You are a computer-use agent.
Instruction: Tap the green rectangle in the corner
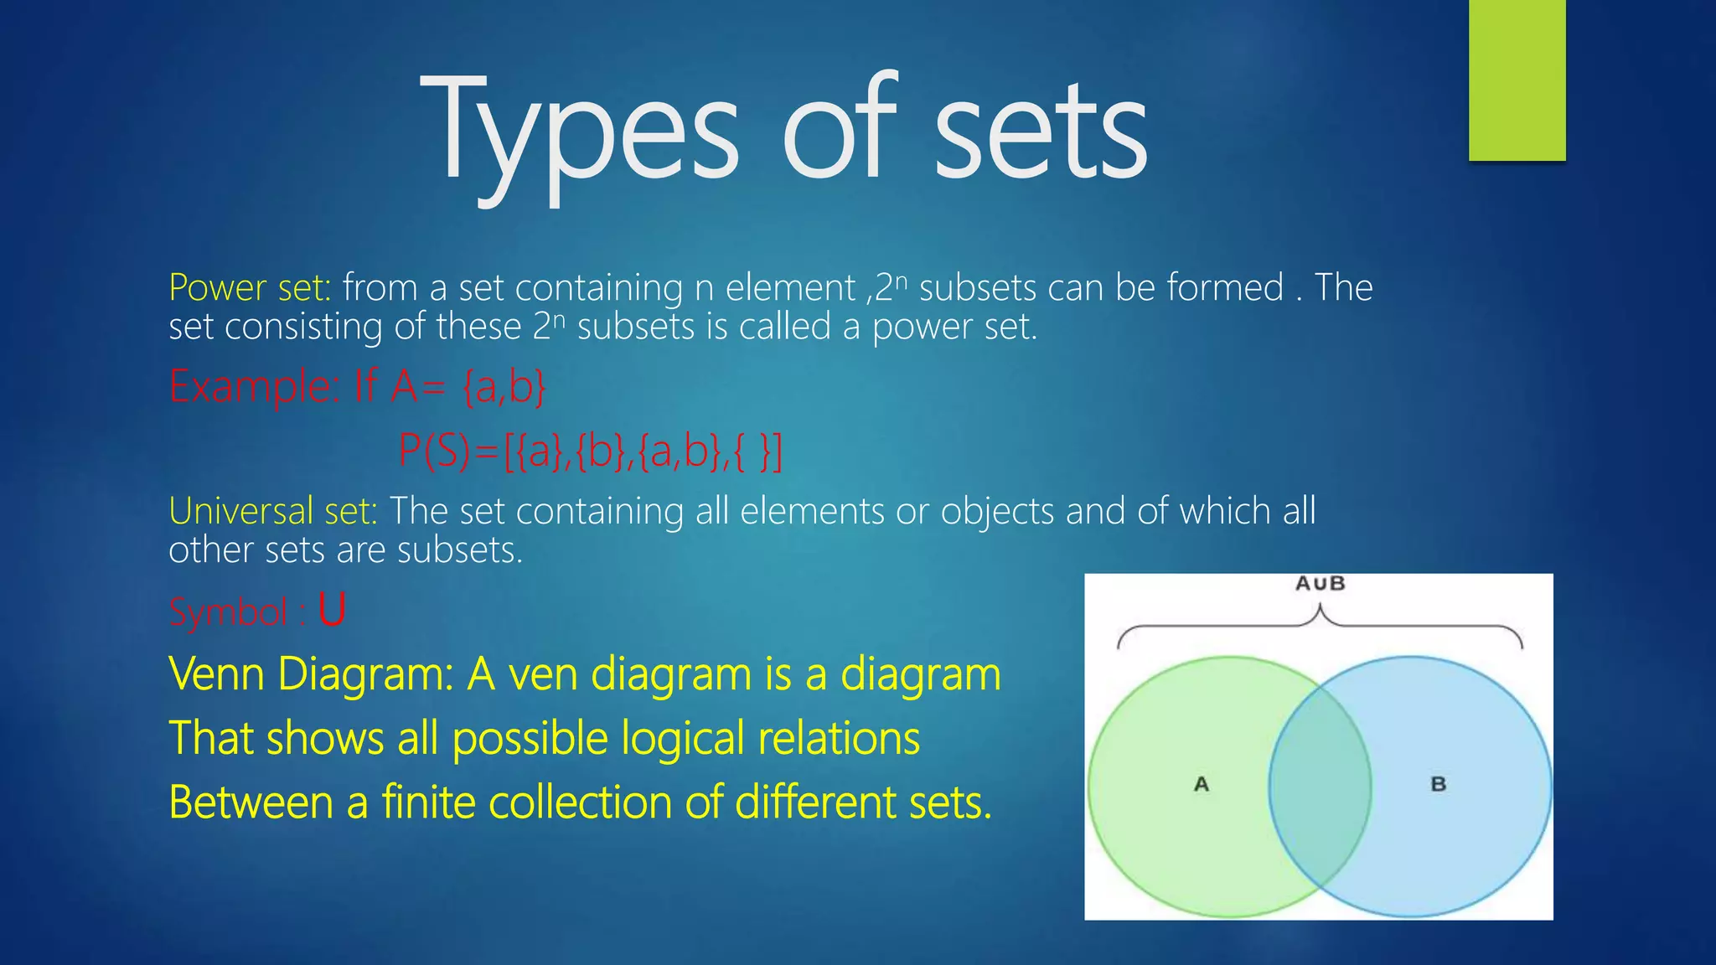click(x=1517, y=80)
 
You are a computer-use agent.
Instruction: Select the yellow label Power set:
click(x=250, y=288)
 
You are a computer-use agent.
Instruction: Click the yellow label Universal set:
click(x=273, y=511)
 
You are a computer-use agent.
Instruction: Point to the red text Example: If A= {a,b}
click(x=358, y=387)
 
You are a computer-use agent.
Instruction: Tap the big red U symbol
click(x=332, y=610)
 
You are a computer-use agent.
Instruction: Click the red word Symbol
click(x=229, y=612)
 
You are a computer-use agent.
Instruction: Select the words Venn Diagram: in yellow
click(x=311, y=674)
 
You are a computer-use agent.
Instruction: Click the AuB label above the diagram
click(x=1320, y=584)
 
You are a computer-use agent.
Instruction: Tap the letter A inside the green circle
click(x=1201, y=785)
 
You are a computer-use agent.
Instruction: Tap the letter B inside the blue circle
click(x=1438, y=785)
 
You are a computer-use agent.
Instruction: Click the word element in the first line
click(x=789, y=288)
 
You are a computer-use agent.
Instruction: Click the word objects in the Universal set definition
click(x=997, y=511)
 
